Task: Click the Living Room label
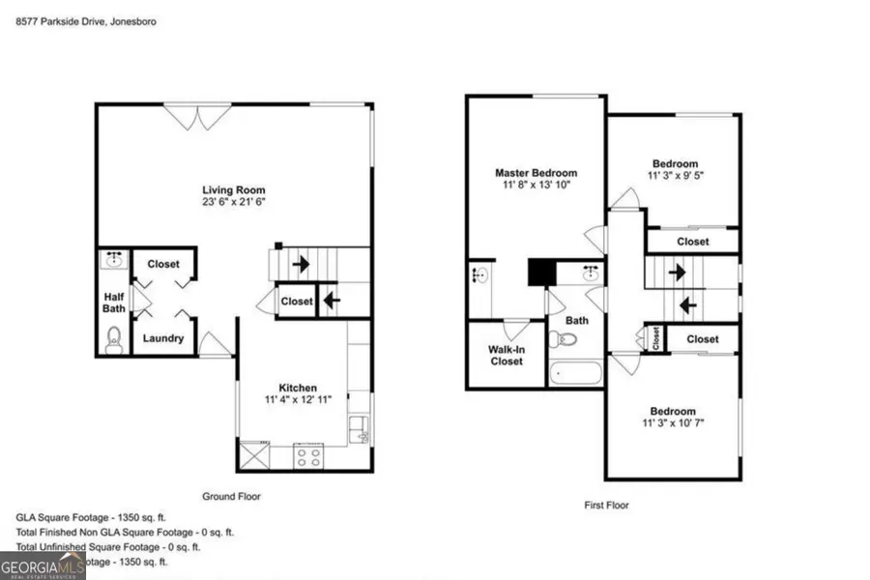(234, 189)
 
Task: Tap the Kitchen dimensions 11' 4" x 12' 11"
(293, 399)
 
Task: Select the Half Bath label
(114, 303)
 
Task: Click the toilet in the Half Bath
(114, 338)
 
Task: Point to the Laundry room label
(162, 338)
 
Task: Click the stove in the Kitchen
(308, 455)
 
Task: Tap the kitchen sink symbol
(359, 428)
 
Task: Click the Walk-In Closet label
(506, 355)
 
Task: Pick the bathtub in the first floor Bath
(575, 373)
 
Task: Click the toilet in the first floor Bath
(563, 338)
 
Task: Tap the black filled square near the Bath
(541, 272)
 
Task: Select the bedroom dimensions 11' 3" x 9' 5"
(674, 176)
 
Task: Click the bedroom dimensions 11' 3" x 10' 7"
(674, 422)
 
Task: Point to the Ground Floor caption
(231, 496)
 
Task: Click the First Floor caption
(607, 505)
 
